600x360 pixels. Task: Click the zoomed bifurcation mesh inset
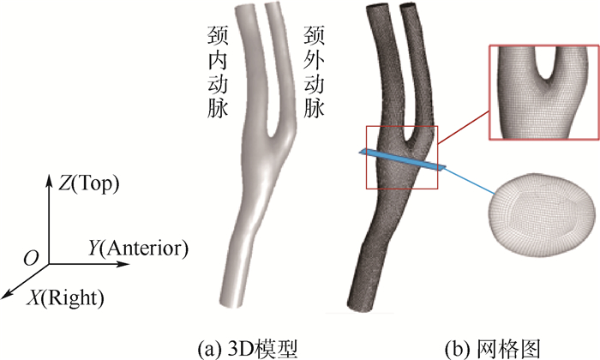tap(539, 93)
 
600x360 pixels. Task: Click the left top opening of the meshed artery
tap(378, 9)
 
